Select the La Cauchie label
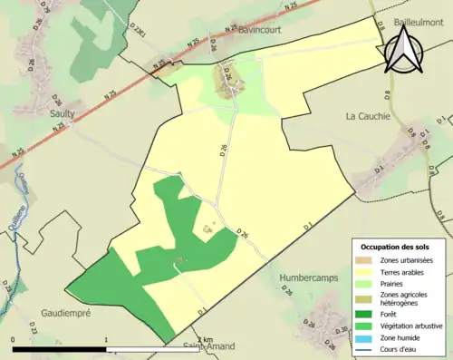click(368, 116)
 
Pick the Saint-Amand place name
click(209, 345)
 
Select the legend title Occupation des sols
click(395, 247)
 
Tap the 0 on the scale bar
click(14, 339)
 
